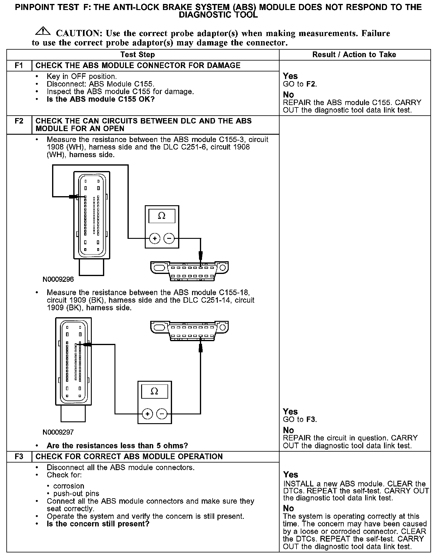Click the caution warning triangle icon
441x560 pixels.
(x=43, y=31)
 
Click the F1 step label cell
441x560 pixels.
(x=19, y=65)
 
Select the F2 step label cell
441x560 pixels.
(x=19, y=121)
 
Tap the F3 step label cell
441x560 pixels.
(x=19, y=456)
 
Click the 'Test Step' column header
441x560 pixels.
(x=138, y=54)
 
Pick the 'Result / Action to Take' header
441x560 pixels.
(x=354, y=54)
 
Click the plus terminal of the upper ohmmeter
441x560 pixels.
(x=155, y=239)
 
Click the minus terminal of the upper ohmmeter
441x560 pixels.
(x=169, y=239)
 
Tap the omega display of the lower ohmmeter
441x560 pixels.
(x=154, y=392)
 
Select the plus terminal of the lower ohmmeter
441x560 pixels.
(x=148, y=413)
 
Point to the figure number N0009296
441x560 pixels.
(x=58, y=279)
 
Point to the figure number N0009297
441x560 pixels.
(x=58, y=432)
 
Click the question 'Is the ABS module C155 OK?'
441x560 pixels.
(x=101, y=99)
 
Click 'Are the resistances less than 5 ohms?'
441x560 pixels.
(x=117, y=446)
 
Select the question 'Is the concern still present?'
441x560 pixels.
(x=98, y=524)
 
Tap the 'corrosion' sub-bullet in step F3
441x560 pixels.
(x=68, y=486)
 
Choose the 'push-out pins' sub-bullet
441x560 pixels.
(x=76, y=493)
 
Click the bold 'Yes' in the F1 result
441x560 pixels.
(x=290, y=76)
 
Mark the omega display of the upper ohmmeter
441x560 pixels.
(x=162, y=216)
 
